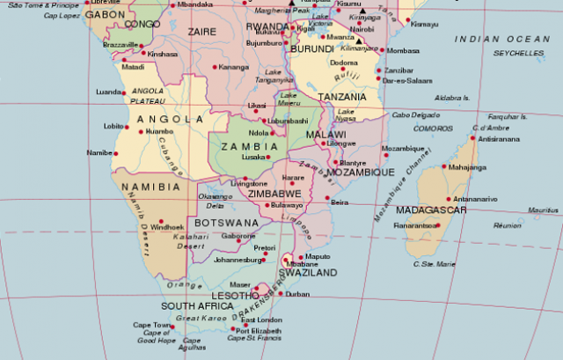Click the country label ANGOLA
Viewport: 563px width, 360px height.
(x=165, y=119)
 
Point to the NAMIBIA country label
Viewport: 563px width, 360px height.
(x=151, y=187)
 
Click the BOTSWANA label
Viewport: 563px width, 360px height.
(x=226, y=224)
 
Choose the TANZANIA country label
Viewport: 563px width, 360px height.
(x=342, y=97)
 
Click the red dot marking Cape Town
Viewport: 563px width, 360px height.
(x=172, y=327)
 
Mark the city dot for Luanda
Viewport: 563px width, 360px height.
(x=127, y=92)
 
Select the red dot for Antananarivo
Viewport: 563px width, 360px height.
(x=447, y=199)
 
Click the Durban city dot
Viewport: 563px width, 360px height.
(x=281, y=295)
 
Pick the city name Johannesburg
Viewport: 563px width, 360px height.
(x=238, y=261)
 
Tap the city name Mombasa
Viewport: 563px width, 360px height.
(x=403, y=51)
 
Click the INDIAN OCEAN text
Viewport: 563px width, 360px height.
(x=501, y=40)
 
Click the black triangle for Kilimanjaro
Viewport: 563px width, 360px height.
(x=360, y=40)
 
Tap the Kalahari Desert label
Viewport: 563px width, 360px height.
(x=191, y=241)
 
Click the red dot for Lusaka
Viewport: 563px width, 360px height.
(x=267, y=157)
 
